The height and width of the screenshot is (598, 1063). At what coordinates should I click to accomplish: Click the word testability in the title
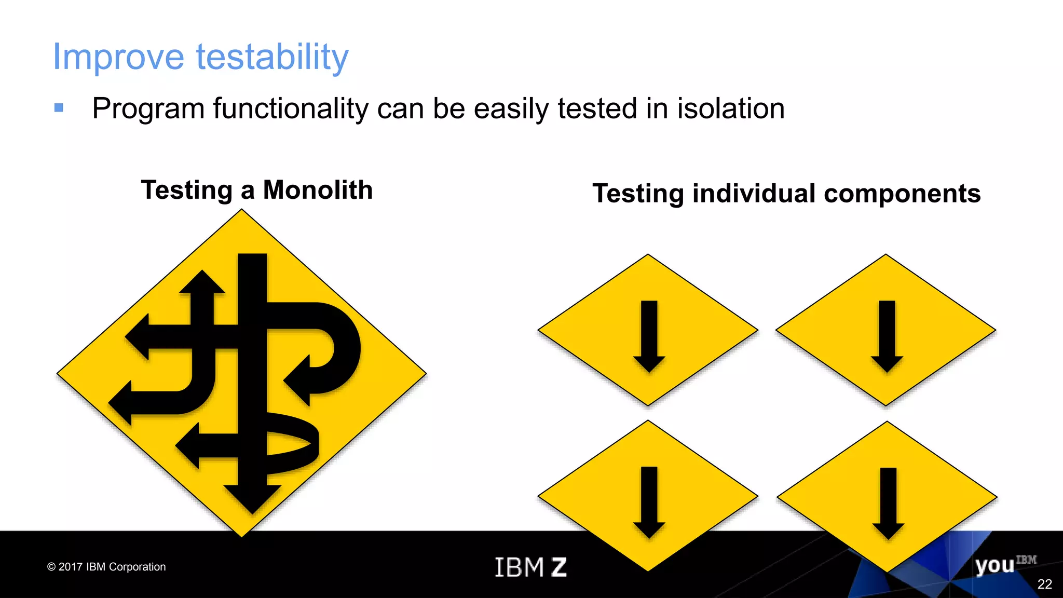272,57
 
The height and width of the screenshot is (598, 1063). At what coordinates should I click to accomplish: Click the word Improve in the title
118,57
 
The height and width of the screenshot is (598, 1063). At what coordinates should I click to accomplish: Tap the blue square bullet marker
59,107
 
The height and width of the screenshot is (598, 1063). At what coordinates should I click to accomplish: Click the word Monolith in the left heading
318,190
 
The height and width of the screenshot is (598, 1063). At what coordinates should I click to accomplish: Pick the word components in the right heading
902,194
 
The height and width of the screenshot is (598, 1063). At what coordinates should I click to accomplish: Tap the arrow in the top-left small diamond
649,336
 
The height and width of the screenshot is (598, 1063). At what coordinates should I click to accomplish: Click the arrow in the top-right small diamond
887,336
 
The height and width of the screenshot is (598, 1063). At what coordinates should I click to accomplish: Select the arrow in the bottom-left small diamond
649,502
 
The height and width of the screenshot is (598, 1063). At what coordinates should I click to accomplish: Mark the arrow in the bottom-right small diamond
888,504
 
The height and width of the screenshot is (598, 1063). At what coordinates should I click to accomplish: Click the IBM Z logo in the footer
530,567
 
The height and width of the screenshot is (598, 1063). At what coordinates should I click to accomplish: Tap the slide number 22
1044,585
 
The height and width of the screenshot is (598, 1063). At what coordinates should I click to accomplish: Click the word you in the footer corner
994,565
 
